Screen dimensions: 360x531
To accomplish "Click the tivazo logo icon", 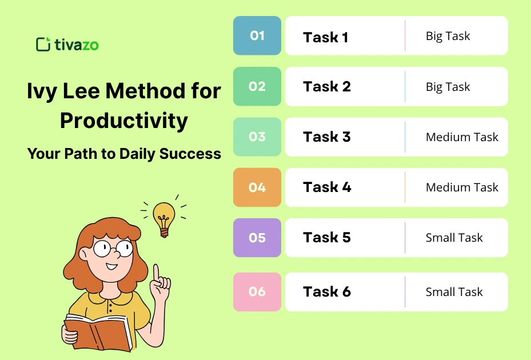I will (43, 45).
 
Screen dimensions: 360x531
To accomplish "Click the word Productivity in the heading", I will (124, 121).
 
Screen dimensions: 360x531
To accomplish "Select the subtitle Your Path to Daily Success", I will (124, 154).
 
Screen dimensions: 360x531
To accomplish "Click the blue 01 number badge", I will (257, 35).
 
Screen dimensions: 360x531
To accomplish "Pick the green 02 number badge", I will (257, 86).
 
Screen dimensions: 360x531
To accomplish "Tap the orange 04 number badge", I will (257, 187).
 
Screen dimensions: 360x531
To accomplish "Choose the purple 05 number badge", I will (257, 238).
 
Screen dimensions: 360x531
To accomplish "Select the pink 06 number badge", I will (257, 292).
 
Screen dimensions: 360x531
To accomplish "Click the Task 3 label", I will (327, 137).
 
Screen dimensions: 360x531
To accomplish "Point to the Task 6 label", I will (327, 292).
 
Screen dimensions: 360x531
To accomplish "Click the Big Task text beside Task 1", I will (448, 36).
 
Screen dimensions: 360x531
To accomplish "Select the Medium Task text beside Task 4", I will (462, 187).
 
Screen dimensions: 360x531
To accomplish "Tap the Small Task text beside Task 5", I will (454, 238).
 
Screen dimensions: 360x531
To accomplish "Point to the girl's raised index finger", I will (156, 271).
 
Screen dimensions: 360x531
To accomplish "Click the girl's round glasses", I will (113, 248).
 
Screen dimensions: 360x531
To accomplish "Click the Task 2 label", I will (327, 87).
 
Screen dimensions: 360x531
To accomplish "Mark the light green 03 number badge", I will (257, 137).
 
